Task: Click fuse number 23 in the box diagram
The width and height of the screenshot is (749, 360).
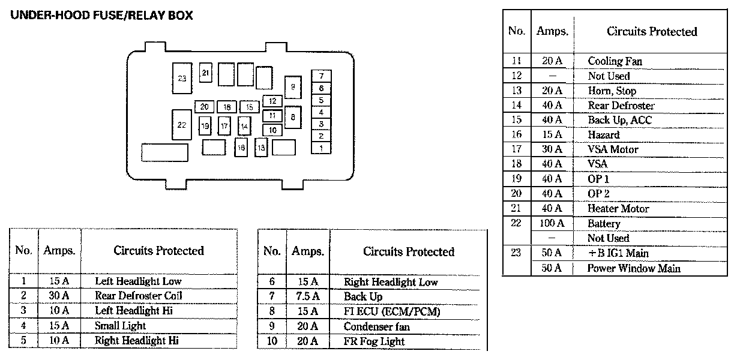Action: click(182, 78)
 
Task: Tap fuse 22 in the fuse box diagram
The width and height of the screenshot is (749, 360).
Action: click(181, 125)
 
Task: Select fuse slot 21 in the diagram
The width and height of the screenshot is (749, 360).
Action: click(206, 73)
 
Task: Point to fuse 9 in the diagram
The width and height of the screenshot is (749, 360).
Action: click(293, 87)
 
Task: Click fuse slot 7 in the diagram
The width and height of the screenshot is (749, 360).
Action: click(322, 76)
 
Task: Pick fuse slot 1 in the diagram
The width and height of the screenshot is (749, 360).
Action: click(322, 148)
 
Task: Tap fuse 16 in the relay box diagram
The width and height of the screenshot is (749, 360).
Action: click(241, 147)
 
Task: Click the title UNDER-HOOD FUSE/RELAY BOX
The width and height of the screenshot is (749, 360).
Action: click(102, 16)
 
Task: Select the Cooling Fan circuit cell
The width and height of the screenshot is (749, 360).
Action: click(615, 61)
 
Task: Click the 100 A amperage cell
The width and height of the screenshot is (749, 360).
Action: click(552, 223)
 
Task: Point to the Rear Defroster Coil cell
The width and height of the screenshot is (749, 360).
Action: click(138, 296)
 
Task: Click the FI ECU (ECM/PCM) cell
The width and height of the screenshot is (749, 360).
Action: click(392, 311)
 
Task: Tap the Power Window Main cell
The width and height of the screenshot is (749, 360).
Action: click(634, 268)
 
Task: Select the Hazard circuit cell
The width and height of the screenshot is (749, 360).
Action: click(604, 135)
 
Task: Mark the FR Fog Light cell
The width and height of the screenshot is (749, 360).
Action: click(374, 341)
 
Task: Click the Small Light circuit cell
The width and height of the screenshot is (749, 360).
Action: click(120, 326)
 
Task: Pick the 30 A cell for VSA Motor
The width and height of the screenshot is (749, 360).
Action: click(552, 149)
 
